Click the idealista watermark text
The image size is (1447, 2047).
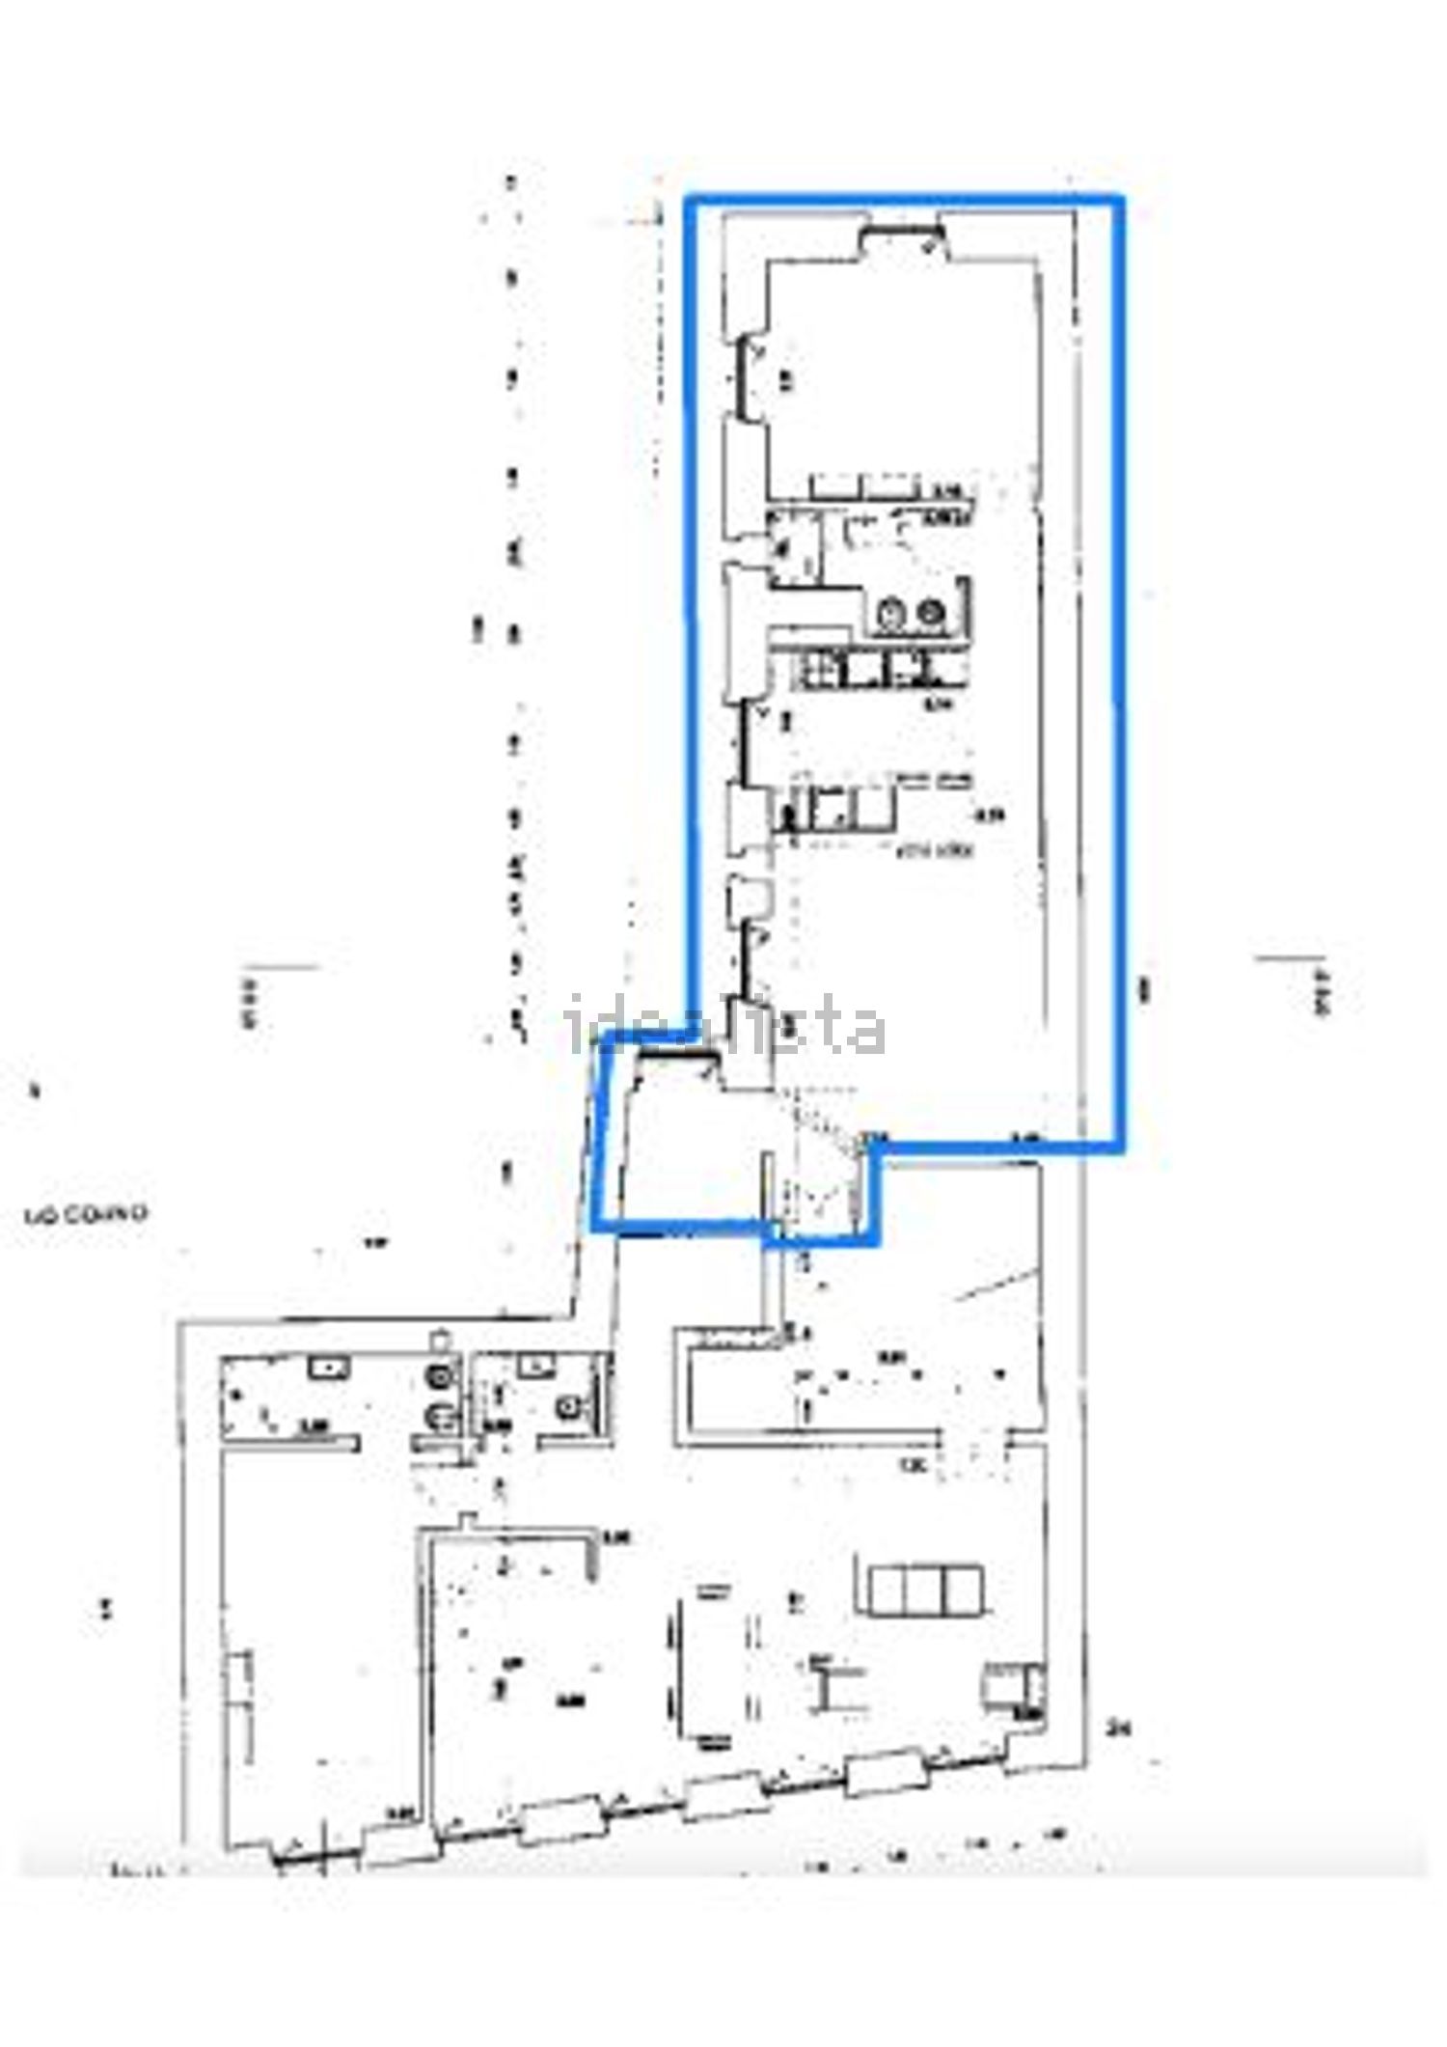(725, 1025)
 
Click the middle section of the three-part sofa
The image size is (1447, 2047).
(925, 1591)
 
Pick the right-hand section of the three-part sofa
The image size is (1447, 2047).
(964, 1591)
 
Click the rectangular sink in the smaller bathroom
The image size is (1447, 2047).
(532, 1365)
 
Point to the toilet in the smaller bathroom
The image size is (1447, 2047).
(571, 1408)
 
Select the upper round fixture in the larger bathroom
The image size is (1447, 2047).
(441, 1378)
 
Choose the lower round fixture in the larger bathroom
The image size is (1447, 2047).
(441, 1416)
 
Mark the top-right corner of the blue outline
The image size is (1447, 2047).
(1121, 201)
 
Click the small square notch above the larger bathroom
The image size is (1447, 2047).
(441, 1340)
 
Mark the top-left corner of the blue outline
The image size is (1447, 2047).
(689, 201)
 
